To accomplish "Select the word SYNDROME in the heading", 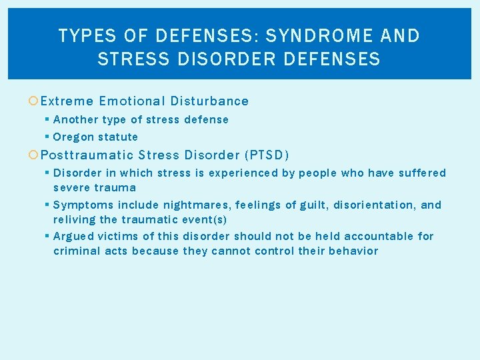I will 305,35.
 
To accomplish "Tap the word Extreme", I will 67,101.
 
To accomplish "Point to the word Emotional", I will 131,101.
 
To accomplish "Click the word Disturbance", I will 209,101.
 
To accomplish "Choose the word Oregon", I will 73,137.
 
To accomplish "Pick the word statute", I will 118,137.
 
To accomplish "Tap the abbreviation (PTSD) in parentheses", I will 267,155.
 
